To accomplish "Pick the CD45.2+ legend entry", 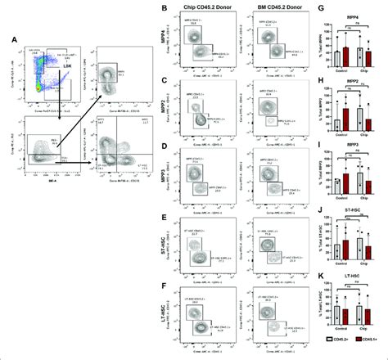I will [x=329, y=350].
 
